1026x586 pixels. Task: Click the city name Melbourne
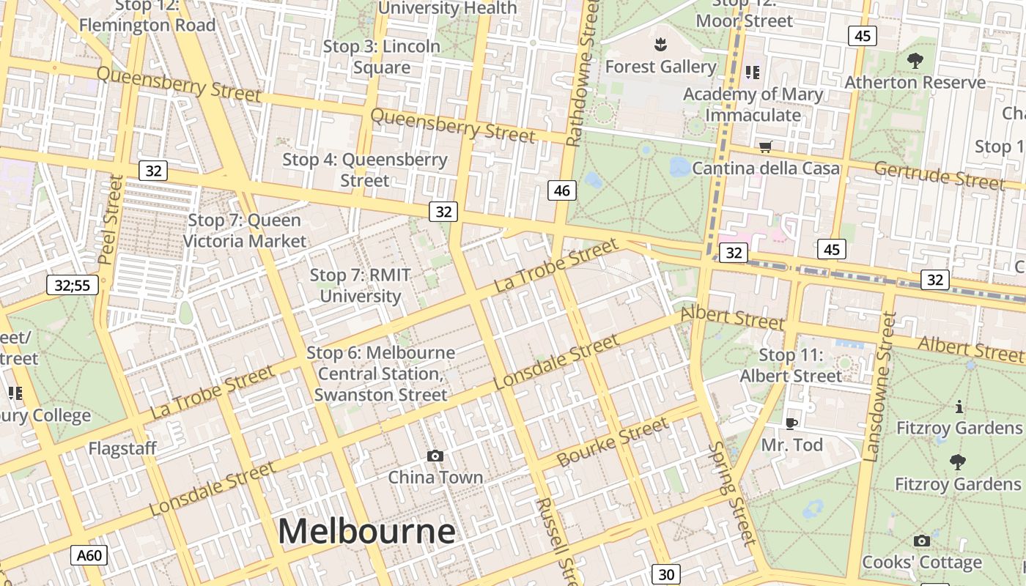pos(366,531)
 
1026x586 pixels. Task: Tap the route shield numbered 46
pos(562,191)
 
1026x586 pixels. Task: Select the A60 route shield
pos(89,555)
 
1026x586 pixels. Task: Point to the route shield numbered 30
pos(666,574)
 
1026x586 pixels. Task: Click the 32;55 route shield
pos(73,285)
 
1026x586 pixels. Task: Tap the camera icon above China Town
pos(435,456)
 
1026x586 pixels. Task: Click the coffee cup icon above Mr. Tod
pos(791,423)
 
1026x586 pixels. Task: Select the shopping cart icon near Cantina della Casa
pos(766,146)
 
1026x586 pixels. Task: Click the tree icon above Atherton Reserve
pos(915,60)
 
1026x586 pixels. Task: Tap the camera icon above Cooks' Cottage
pos(922,541)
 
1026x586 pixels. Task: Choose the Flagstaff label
pos(122,448)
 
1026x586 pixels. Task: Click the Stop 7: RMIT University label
pos(360,286)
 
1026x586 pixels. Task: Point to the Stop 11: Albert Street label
pos(791,366)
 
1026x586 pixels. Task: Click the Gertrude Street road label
pos(939,176)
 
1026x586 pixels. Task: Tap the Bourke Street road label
pos(613,442)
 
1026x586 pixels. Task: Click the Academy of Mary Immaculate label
pos(753,105)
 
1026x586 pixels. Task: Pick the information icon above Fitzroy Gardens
pos(959,407)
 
